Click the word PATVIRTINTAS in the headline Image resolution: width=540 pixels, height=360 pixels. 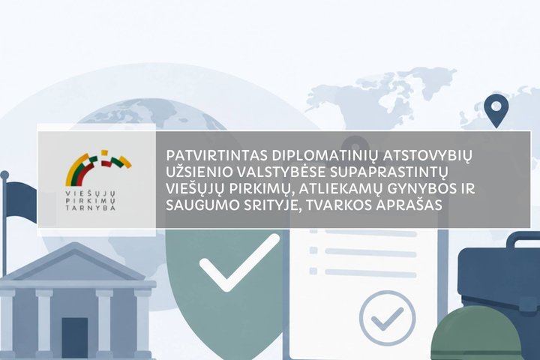tap(217, 156)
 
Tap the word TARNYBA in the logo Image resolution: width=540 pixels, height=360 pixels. tap(91, 208)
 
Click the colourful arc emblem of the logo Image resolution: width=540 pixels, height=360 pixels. tap(98, 167)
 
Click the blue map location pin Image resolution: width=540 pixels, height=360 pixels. tap(496, 110)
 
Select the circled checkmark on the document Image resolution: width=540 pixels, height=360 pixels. tap(388, 318)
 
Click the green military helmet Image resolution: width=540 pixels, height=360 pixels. tap(477, 334)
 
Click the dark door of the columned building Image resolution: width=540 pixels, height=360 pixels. tap(75, 338)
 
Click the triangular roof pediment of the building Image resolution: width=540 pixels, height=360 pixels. tap(75, 262)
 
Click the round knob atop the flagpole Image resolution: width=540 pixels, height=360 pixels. tap(4, 175)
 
